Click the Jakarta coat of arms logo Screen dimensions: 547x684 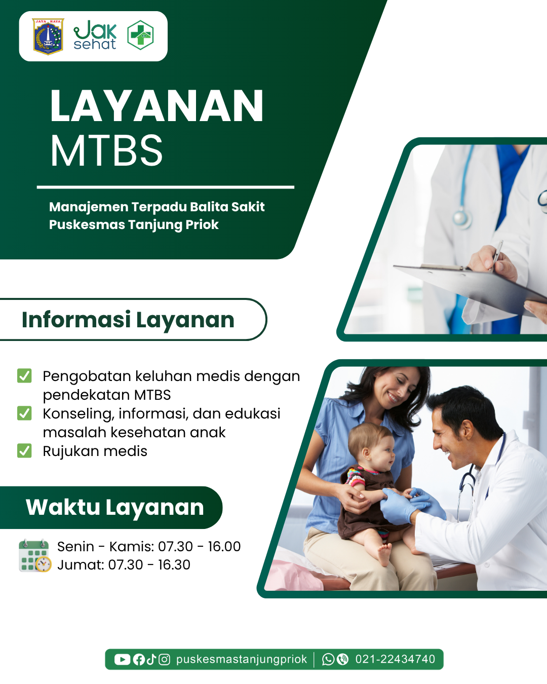[x=48, y=36]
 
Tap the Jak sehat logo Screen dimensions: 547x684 [x=95, y=35]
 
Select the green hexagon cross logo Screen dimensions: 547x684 [x=140, y=35]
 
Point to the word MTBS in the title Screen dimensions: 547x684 [x=106, y=150]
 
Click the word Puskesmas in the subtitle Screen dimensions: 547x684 [x=87, y=225]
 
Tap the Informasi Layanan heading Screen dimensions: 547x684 [x=128, y=319]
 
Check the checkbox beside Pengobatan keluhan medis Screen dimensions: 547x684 [x=24, y=375]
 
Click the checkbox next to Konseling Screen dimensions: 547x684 [x=24, y=413]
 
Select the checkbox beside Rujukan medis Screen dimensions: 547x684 [x=24, y=451]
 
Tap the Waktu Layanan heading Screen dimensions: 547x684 [x=115, y=507]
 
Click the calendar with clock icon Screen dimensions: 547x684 [x=35, y=556]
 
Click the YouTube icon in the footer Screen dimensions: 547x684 [x=122, y=660]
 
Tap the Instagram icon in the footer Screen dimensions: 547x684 [x=164, y=660]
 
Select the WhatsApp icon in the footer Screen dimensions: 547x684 [x=328, y=660]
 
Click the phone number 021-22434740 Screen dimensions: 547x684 [x=395, y=660]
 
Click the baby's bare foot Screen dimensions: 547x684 [x=384, y=553]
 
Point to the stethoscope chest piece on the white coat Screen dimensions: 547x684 [x=462, y=219]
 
